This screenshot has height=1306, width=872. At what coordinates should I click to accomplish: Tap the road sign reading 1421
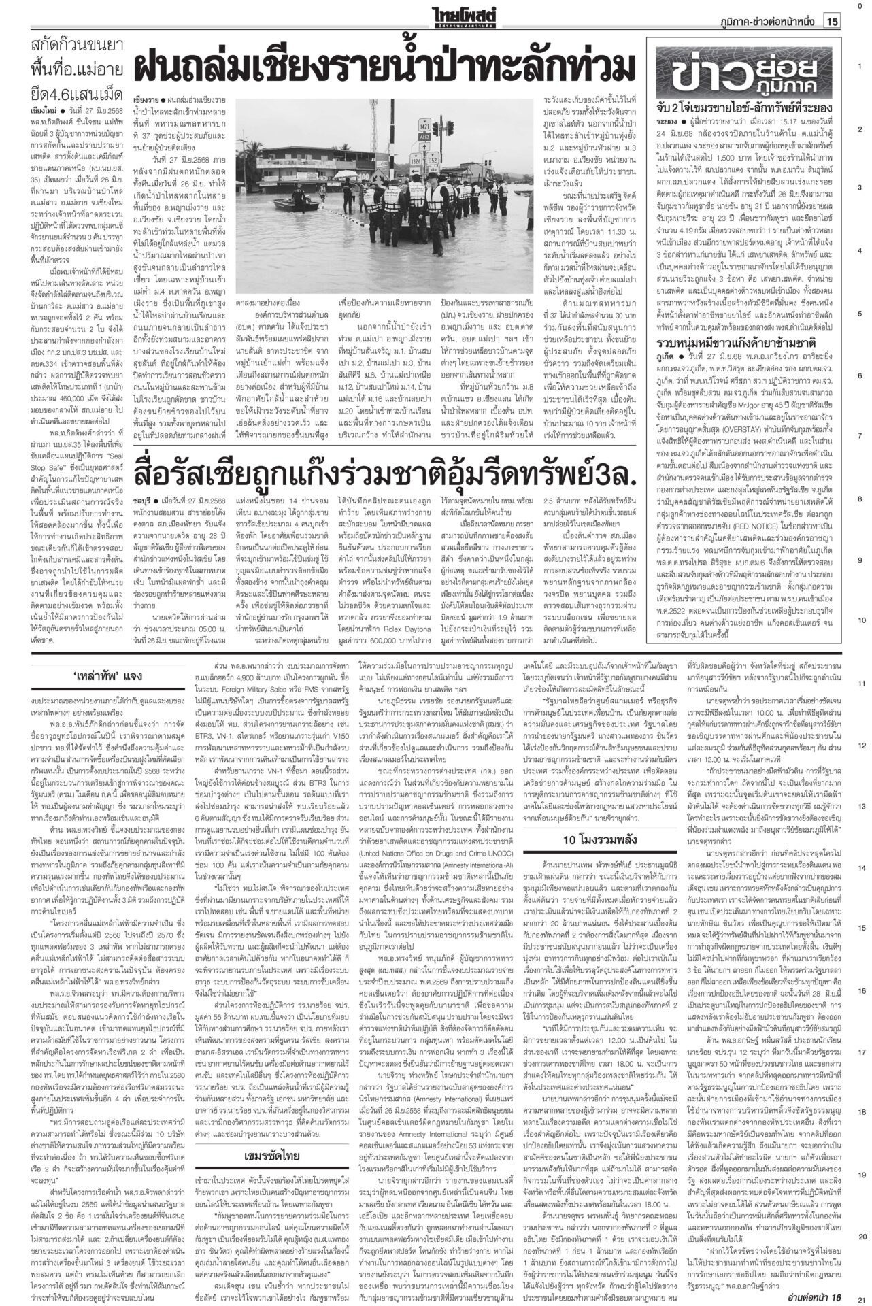pyautogui.click(x=406, y=126)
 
